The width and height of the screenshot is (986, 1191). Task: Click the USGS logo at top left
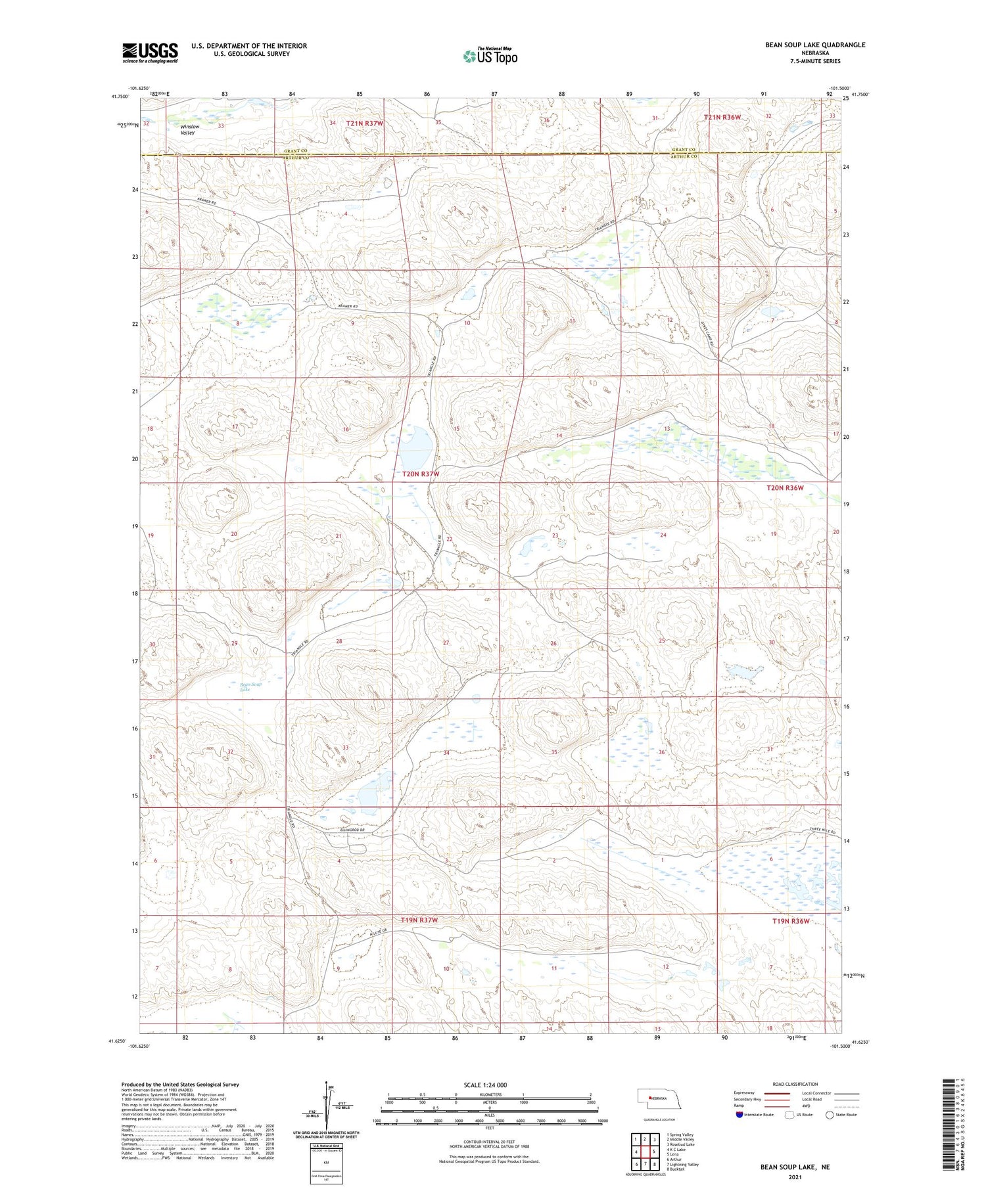150,53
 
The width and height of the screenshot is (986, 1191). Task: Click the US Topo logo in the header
490,56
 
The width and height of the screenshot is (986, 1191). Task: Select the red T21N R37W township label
364,123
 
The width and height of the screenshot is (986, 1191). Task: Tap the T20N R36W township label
785,488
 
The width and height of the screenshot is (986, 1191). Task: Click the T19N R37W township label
419,920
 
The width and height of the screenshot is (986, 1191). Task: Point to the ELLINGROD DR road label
352,831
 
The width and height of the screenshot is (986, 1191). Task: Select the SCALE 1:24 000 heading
485,1085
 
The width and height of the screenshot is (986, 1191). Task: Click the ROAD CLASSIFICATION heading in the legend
795,1085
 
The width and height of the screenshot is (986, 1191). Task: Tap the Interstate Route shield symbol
739,1114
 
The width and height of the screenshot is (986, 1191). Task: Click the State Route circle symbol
830,1114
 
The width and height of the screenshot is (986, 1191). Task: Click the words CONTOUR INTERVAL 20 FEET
490,1142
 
